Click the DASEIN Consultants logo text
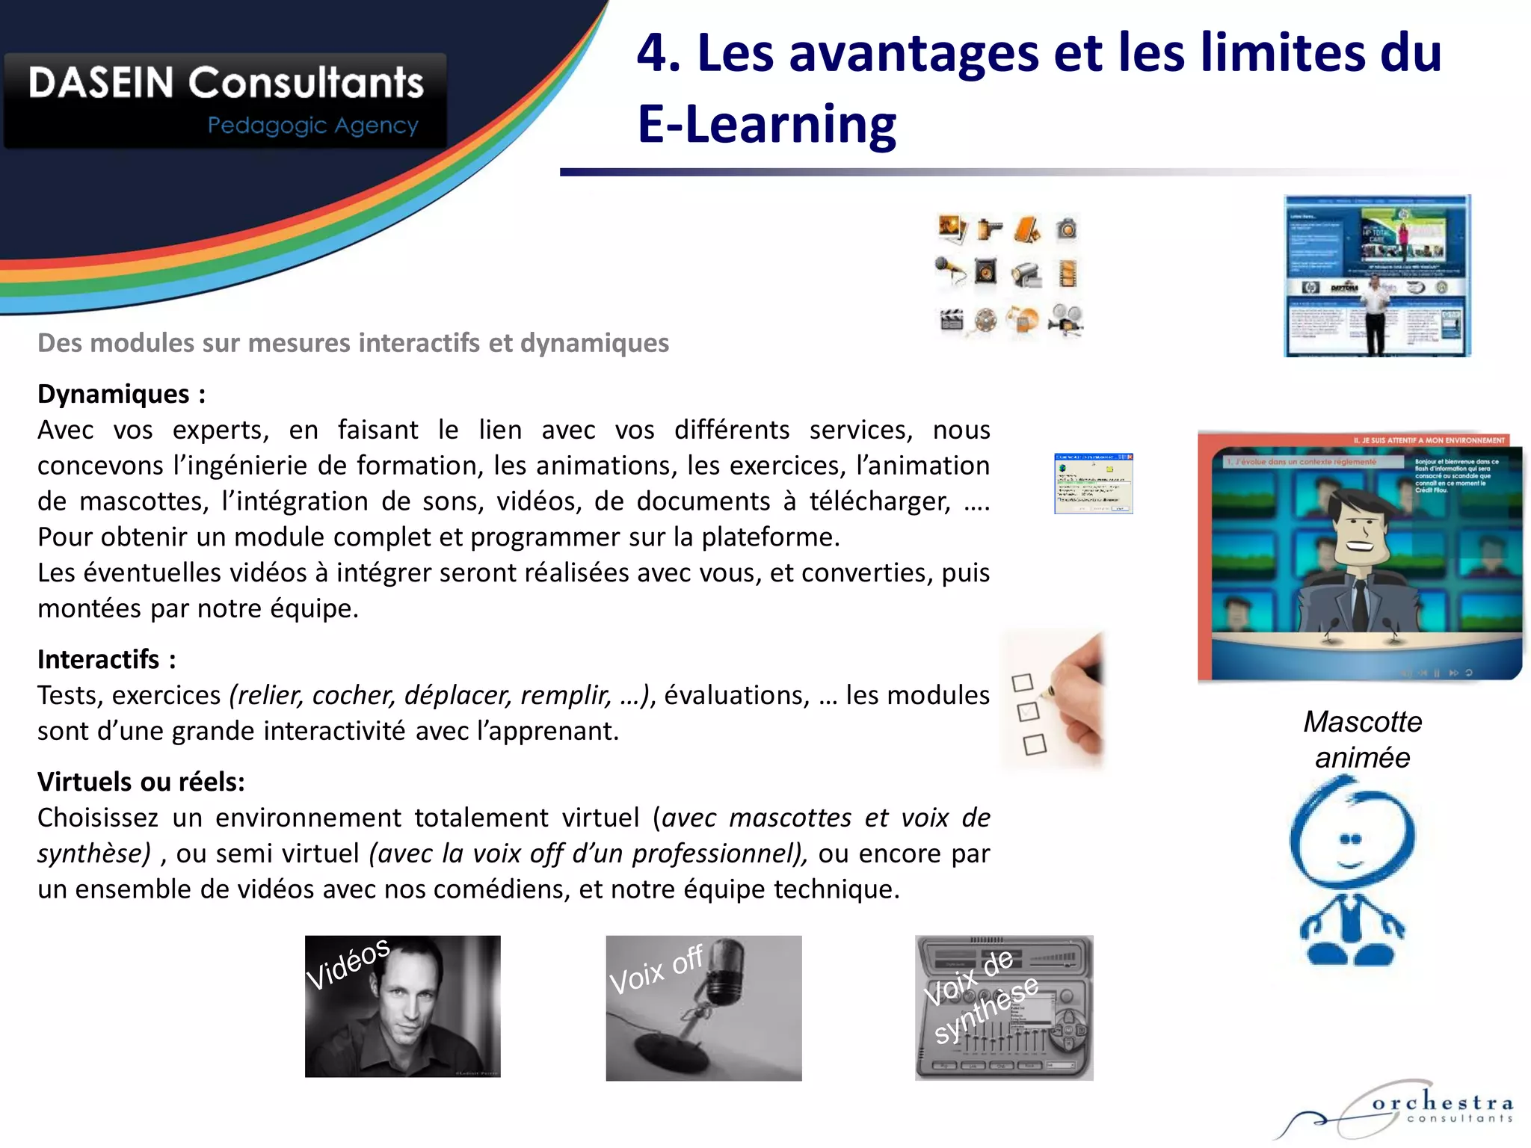pyautogui.click(x=226, y=82)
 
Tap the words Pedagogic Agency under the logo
pyautogui.click(x=312, y=126)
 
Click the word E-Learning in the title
pyautogui.click(x=766, y=124)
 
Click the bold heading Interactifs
pyautogui.click(x=99, y=659)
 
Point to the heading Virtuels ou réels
pyautogui.click(x=141, y=782)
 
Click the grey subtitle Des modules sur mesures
pyautogui.click(x=353, y=343)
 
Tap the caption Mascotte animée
pyautogui.click(x=1362, y=739)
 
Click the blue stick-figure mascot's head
pyautogui.click(x=1352, y=833)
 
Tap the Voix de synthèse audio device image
pyautogui.click(x=1004, y=1007)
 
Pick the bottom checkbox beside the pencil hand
pyautogui.click(x=1035, y=744)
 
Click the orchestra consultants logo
pyautogui.click(x=1405, y=1110)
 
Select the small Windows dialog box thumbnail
pyautogui.click(x=1093, y=484)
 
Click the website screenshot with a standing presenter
pyautogui.click(x=1377, y=276)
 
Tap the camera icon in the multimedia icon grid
pyautogui.click(x=1067, y=229)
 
